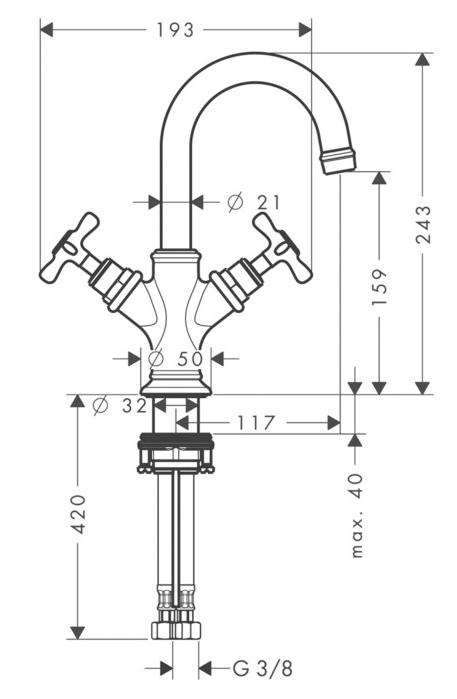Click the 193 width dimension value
175,30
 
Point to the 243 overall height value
424,224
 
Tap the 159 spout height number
379,287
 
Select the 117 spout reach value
255,423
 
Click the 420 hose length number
79,514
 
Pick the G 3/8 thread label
263,668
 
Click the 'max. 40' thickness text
358,516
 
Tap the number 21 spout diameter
269,203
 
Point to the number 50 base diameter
190,358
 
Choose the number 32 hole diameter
134,406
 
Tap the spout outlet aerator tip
338,160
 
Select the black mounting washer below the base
176,440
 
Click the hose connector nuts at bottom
176,630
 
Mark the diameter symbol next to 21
235,203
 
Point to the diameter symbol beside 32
101,406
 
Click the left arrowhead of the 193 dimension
46,30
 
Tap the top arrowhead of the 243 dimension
422,59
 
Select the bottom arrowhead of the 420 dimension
78,633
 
